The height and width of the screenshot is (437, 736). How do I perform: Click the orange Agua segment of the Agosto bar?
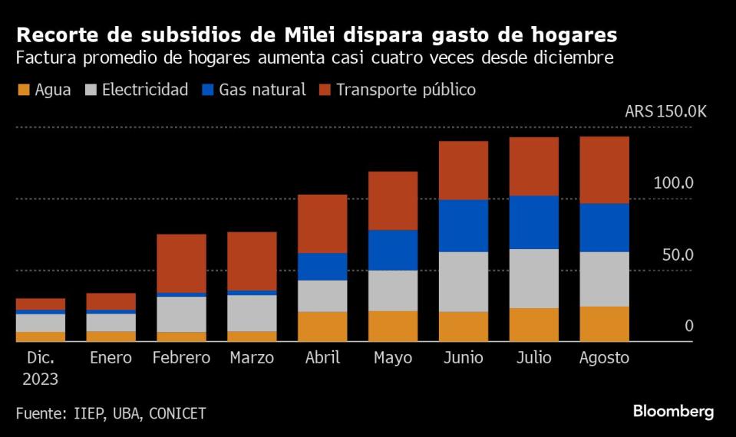(x=604, y=324)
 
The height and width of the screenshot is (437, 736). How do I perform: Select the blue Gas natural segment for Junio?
(x=463, y=225)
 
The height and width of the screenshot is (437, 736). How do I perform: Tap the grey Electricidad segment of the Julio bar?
(x=533, y=278)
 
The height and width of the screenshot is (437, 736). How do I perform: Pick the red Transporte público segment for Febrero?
(x=181, y=263)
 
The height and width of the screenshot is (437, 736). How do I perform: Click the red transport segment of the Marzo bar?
(x=251, y=261)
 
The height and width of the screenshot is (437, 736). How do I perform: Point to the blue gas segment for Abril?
(x=322, y=266)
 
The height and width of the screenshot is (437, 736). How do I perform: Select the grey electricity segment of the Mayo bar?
(x=392, y=290)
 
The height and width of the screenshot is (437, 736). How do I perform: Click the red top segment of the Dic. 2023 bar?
(x=40, y=304)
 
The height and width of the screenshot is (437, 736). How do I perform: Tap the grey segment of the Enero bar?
(x=111, y=322)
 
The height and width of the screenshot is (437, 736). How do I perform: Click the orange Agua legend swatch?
(x=22, y=90)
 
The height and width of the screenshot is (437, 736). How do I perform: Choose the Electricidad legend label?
(x=145, y=90)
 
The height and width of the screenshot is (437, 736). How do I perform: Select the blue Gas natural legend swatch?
(x=206, y=90)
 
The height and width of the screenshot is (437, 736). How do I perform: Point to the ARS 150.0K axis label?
(x=665, y=111)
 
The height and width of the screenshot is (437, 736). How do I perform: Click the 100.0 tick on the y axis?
(x=673, y=182)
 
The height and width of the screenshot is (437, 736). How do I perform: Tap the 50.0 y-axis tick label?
(x=678, y=254)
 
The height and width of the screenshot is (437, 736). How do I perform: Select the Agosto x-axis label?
(x=604, y=358)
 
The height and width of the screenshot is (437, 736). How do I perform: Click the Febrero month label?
(x=181, y=358)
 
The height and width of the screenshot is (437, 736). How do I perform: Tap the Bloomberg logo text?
(x=673, y=412)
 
